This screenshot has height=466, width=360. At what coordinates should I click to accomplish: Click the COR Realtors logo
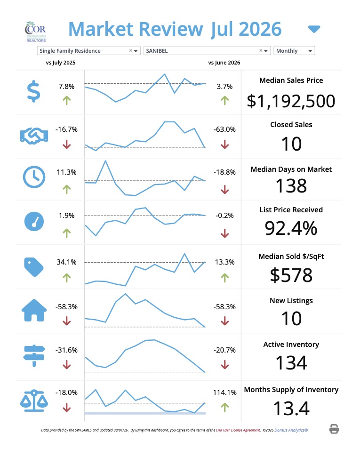click(x=36, y=32)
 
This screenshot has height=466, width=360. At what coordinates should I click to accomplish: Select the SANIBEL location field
click(x=207, y=51)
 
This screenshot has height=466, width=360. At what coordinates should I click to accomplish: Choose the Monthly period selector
click(x=294, y=51)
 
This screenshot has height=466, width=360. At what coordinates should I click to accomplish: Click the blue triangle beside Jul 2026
click(x=314, y=29)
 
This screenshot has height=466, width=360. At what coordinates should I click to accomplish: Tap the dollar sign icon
click(x=33, y=91)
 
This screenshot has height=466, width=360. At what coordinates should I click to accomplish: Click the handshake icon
click(x=34, y=136)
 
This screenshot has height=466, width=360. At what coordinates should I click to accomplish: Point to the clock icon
click(x=34, y=177)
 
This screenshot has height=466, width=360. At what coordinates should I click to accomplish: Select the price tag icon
click(x=34, y=267)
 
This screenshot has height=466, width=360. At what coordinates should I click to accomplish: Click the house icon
click(x=34, y=310)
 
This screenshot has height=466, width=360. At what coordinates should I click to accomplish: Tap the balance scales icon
click(x=34, y=401)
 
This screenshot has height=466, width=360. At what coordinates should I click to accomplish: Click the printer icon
click(x=334, y=429)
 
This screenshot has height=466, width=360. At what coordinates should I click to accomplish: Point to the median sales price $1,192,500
click(x=291, y=101)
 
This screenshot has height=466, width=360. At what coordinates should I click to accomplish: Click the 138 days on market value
click(x=291, y=186)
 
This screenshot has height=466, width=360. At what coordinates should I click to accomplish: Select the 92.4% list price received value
click(x=291, y=228)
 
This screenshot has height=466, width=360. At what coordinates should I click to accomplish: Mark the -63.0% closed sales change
click(x=224, y=129)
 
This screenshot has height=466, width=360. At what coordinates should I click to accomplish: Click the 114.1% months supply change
click(x=225, y=392)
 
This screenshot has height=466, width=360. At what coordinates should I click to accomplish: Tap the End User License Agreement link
click(x=238, y=430)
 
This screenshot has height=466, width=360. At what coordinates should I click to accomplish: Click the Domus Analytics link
click(x=291, y=430)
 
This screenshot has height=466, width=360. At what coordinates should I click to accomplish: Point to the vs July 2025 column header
click(x=61, y=63)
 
